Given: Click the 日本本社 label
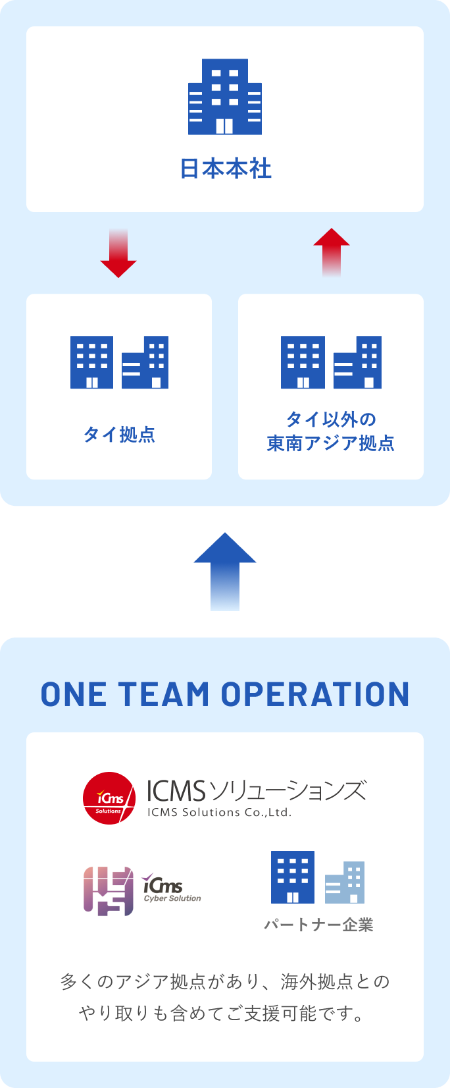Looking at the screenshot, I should pos(226,169).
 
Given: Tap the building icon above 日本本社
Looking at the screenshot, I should pos(225,97).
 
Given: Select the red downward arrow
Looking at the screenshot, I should pos(118,254).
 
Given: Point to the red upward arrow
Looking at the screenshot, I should pos(332,252).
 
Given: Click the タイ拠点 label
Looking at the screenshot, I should pos(119,435).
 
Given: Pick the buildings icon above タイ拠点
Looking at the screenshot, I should pos(119,362).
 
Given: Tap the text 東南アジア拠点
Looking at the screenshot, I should pos(331,443).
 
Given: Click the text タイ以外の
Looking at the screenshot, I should pos(331,419).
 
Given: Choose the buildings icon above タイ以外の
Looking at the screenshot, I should pos(331,362).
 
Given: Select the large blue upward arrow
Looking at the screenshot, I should pos(225,571).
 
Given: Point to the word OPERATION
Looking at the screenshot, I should pos(315,695).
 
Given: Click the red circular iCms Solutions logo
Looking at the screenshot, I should pos(109,798).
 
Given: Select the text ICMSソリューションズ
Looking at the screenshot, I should pos(256,790).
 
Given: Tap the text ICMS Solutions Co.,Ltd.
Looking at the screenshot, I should pos(219,813).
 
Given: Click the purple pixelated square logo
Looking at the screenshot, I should pos(109,891).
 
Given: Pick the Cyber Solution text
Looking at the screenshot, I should pos(172,898).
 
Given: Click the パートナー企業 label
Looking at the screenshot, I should pos(318,925).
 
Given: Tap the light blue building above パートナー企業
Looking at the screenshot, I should pos(345,883).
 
